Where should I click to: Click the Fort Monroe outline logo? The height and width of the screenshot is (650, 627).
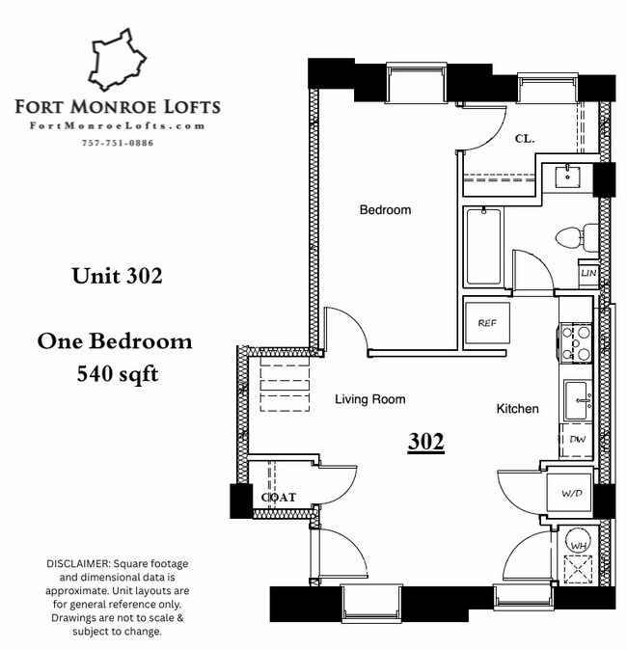click(x=116, y=62)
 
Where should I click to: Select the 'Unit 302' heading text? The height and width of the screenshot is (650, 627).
click(x=116, y=276)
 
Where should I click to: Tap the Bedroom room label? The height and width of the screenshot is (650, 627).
click(x=385, y=210)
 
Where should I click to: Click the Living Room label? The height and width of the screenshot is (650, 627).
click(x=369, y=399)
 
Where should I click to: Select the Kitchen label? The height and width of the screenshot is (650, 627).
click(x=517, y=409)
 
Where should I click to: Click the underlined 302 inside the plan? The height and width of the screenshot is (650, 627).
click(x=425, y=442)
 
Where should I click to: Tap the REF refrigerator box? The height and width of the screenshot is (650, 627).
click(x=486, y=324)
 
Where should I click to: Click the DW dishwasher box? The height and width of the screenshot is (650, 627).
click(x=578, y=440)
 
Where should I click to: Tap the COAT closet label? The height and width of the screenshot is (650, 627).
click(x=278, y=498)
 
